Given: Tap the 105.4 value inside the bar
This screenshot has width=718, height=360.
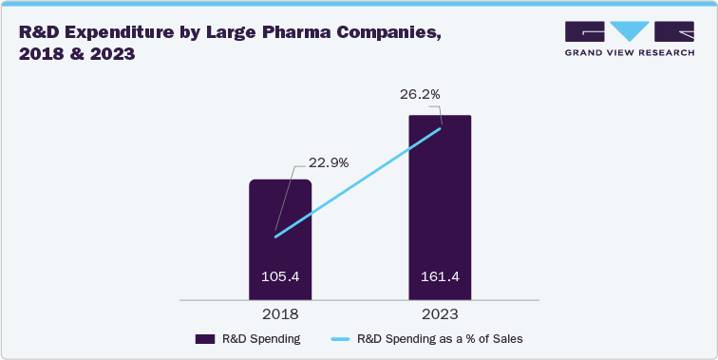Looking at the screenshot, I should pyautogui.click(x=280, y=277).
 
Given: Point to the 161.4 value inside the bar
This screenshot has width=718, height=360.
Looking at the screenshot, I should pyautogui.click(x=440, y=277).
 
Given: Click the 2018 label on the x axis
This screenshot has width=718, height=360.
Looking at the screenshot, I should pyautogui.click(x=280, y=313).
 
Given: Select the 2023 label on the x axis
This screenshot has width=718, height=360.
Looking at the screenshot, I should pyautogui.click(x=440, y=313).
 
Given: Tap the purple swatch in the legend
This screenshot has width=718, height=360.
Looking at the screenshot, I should pyautogui.click(x=204, y=338).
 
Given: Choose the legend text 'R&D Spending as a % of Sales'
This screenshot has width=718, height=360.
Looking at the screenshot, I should pyautogui.click(x=440, y=338).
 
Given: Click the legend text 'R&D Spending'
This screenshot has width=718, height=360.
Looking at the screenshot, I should pyautogui.click(x=262, y=338).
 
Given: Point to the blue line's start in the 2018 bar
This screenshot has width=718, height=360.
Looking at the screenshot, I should pyautogui.click(x=275, y=237).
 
